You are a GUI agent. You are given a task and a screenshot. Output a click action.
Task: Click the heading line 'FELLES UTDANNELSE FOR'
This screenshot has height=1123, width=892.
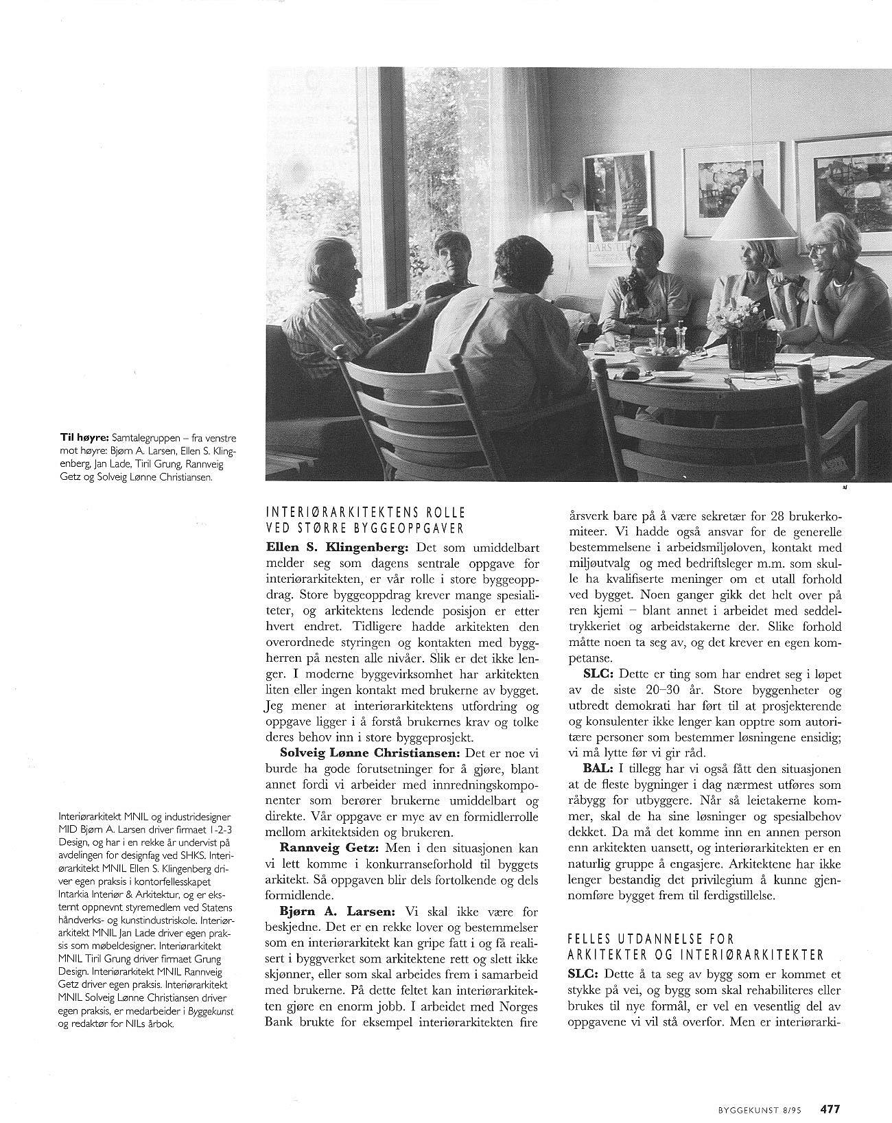[651, 938]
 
